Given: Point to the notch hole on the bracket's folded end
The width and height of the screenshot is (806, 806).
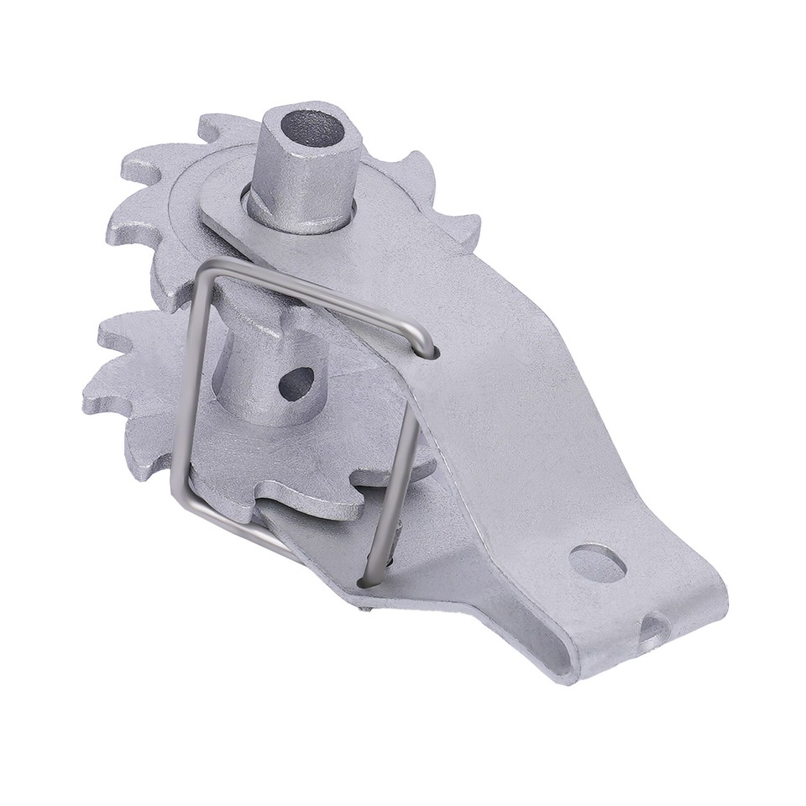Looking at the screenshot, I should click(x=653, y=628).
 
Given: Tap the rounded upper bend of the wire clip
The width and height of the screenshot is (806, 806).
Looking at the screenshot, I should click(x=424, y=340).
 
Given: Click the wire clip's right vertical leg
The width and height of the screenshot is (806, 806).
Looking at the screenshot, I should click(x=395, y=470).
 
